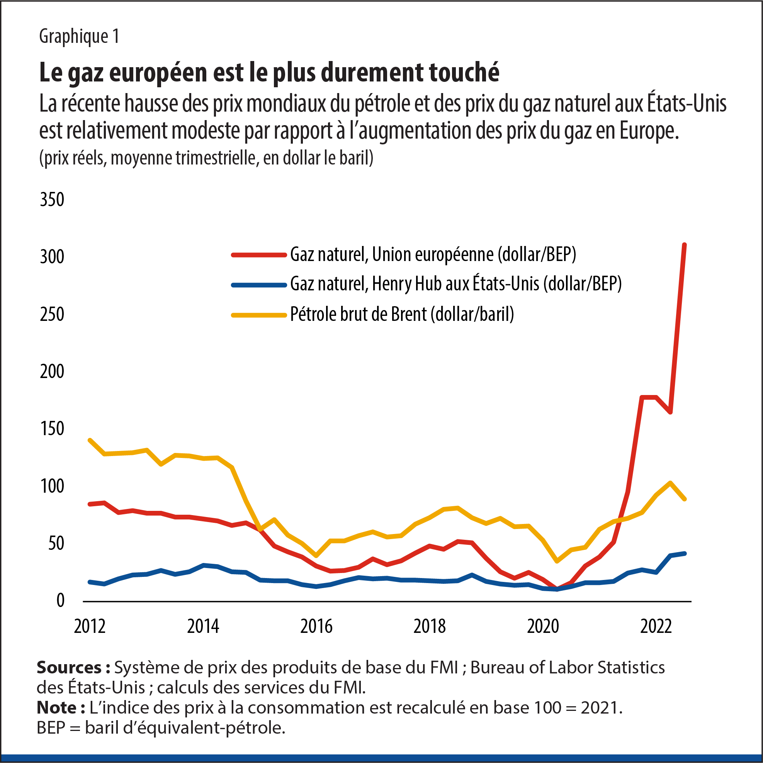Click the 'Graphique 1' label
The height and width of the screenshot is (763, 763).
click(x=79, y=36)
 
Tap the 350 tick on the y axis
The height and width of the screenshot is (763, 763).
click(x=52, y=200)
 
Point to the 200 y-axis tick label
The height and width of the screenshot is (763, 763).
click(x=52, y=371)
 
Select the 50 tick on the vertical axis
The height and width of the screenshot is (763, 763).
click(x=56, y=543)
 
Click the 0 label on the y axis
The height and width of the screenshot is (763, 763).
click(x=60, y=601)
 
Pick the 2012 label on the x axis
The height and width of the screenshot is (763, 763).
click(x=90, y=627)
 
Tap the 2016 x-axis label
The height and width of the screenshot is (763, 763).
click(x=316, y=627)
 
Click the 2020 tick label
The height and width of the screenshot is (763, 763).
click(x=543, y=627)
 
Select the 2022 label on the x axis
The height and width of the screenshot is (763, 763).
click(x=656, y=627)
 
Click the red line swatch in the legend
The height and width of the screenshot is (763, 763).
click(x=259, y=255)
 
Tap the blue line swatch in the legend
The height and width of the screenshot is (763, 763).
click(x=259, y=285)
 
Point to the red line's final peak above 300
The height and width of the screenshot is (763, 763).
click(x=684, y=245)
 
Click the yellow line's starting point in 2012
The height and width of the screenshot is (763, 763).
click(x=90, y=440)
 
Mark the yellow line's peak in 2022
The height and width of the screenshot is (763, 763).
click(x=670, y=483)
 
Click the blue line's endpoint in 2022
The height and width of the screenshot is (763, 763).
click(x=684, y=553)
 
